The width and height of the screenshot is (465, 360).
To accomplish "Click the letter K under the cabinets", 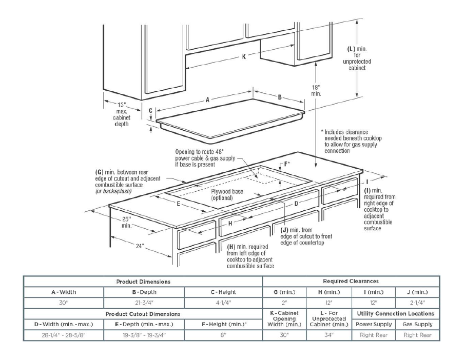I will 244,56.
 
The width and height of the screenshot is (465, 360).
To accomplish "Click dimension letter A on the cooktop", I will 207,101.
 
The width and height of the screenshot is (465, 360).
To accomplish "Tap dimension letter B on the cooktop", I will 280,97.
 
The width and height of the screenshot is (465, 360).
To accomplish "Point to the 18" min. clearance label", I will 316,91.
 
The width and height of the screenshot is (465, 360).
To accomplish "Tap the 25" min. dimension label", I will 126,222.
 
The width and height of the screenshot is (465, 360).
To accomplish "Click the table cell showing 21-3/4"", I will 143,303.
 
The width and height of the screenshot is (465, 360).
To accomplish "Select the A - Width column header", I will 64,292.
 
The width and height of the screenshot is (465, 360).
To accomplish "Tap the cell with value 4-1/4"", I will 223,303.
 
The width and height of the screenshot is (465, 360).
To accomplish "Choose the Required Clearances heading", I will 351,282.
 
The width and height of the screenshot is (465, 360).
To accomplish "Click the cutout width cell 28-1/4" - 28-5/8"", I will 64,335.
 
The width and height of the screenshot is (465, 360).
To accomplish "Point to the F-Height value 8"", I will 223,335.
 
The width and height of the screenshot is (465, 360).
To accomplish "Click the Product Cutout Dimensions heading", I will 143,313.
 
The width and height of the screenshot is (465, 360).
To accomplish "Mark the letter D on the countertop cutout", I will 296,203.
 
